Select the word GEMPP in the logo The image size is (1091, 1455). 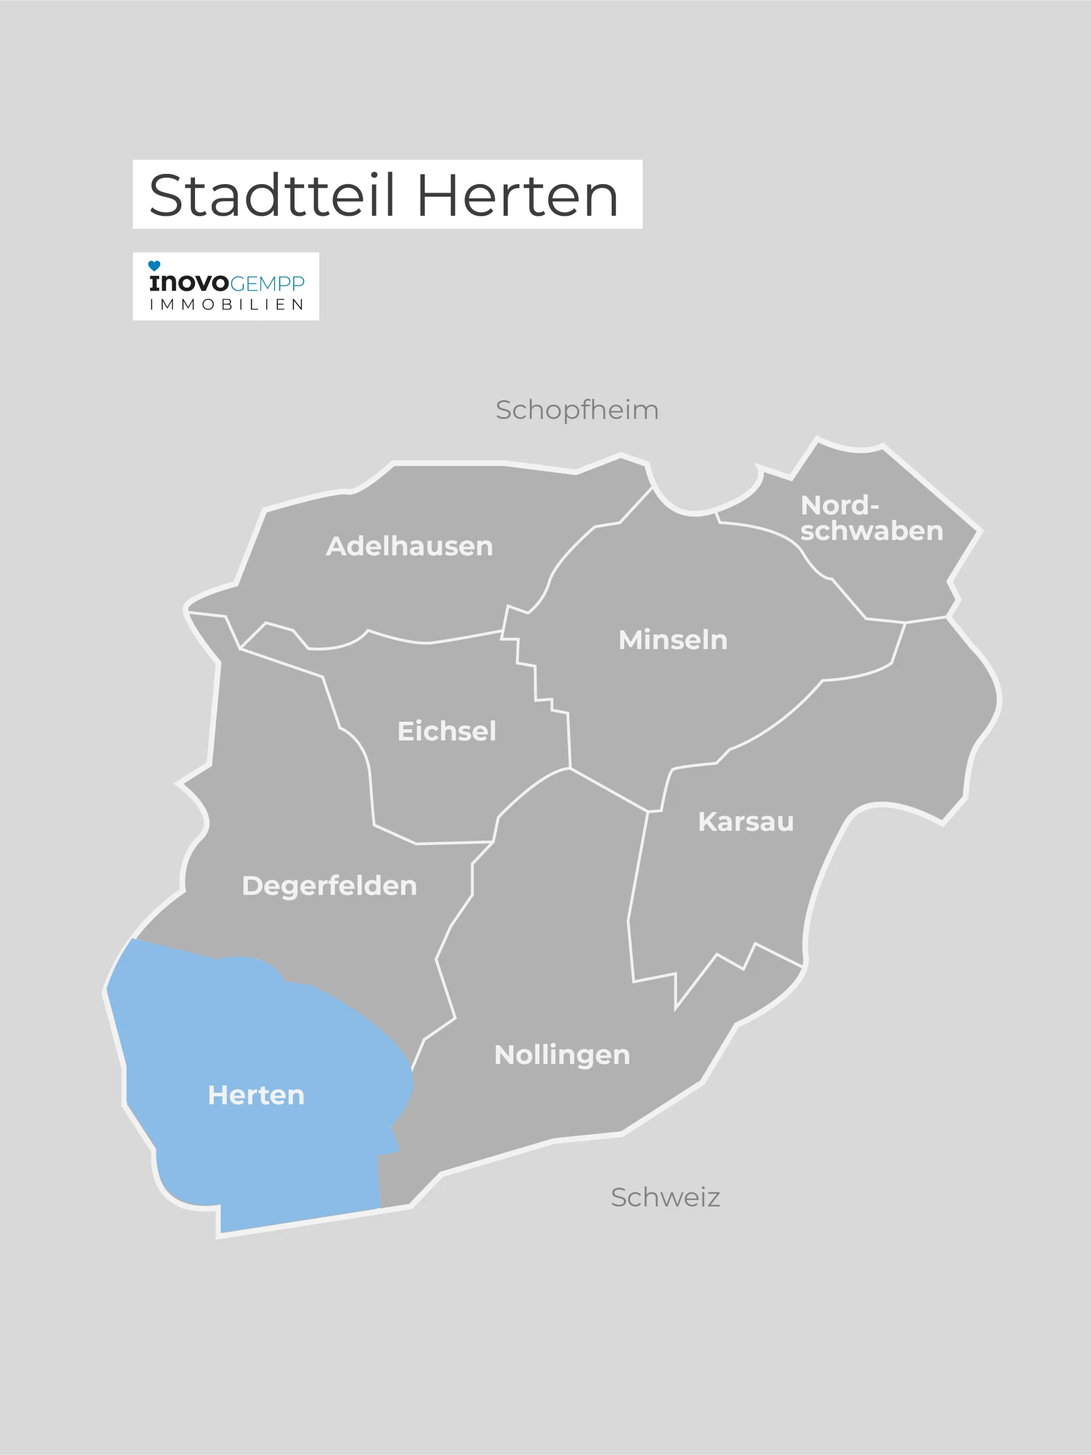coord(267,284)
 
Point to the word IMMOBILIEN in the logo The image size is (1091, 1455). coord(226,305)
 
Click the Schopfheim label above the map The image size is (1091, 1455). coord(576,410)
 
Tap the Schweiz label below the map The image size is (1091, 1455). coord(665,1197)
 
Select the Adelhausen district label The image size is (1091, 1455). coord(409,546)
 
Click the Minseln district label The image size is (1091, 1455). coord(673,640)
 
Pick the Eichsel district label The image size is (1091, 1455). coord(446,731)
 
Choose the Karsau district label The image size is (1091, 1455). coord(745,821)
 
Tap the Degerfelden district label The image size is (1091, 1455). coord(329,886)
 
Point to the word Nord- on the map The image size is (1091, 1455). coord(839,505)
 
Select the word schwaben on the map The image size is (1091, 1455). coord(871,531)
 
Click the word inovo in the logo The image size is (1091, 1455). coord(189,283)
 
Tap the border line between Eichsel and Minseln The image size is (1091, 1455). coord(535,684)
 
